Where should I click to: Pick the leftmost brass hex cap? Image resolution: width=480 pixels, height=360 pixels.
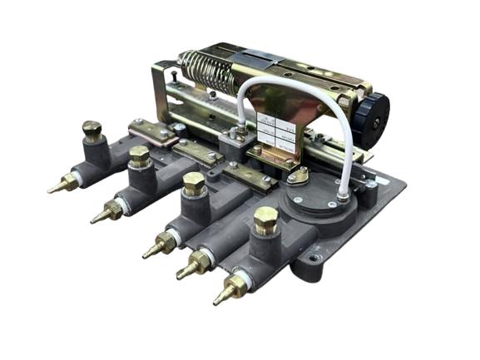point(92,130)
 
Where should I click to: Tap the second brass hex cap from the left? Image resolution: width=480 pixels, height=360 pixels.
point(139,155)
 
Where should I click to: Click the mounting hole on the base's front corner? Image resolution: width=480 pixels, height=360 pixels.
point(313,259)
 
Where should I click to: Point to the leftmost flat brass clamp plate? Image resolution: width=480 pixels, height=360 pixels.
point(150,131)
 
